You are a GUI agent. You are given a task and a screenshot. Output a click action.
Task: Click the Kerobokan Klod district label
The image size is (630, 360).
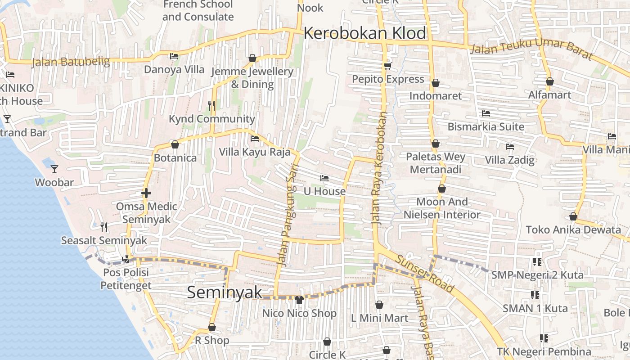point(364,33)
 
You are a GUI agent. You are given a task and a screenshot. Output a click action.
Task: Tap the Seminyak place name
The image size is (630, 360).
point(224,292)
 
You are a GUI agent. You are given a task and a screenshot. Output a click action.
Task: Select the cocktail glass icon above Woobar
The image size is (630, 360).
point(54,169)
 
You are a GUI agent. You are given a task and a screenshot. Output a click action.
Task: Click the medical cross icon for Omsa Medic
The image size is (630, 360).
point(146,193)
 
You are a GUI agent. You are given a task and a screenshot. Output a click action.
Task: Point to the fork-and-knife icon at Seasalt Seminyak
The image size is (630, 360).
point(104,227)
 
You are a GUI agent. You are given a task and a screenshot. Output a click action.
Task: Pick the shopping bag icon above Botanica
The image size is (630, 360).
point(175,144)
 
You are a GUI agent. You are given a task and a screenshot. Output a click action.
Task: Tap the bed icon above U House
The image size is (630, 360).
point(324,178)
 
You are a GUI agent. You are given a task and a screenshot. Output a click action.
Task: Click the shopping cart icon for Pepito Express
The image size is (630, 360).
point(387,66)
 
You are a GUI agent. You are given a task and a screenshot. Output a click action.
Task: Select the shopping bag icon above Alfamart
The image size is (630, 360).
point(549,81)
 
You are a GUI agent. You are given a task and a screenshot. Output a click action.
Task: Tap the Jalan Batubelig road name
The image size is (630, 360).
point(71,62)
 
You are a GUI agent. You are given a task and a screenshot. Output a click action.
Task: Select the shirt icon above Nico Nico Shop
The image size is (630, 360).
point(299,300)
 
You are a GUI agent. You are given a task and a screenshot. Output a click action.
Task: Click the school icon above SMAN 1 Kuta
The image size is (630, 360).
point(535,295)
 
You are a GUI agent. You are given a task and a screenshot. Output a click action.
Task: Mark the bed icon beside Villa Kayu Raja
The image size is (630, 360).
point(255,139)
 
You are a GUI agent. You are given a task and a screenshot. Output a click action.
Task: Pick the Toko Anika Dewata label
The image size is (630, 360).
point(573,229)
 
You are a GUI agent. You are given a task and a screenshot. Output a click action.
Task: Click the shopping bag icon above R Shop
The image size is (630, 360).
point(211,327)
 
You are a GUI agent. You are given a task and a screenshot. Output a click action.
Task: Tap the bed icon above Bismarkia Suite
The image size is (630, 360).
point(486,113)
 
